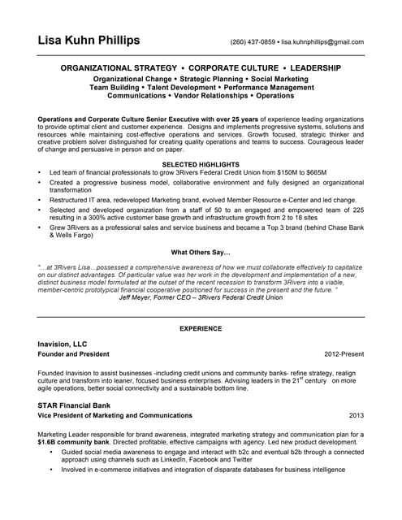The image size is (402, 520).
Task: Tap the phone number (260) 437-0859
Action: coord(253,41)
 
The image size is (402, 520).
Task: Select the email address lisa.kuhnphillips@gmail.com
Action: coord(323,41)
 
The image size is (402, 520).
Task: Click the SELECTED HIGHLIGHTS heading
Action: coord(201,165)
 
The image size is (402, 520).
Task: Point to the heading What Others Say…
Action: coord(201,252)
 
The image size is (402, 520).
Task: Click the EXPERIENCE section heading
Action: coord(201,328)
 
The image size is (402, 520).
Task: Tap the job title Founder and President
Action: coord(73,355)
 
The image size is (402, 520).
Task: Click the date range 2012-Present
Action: coord(344,355)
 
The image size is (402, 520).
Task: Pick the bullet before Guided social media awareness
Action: coord(51,452)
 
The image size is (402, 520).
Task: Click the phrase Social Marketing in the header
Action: coord(280,78)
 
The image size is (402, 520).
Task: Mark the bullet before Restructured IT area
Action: coord(40,200)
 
